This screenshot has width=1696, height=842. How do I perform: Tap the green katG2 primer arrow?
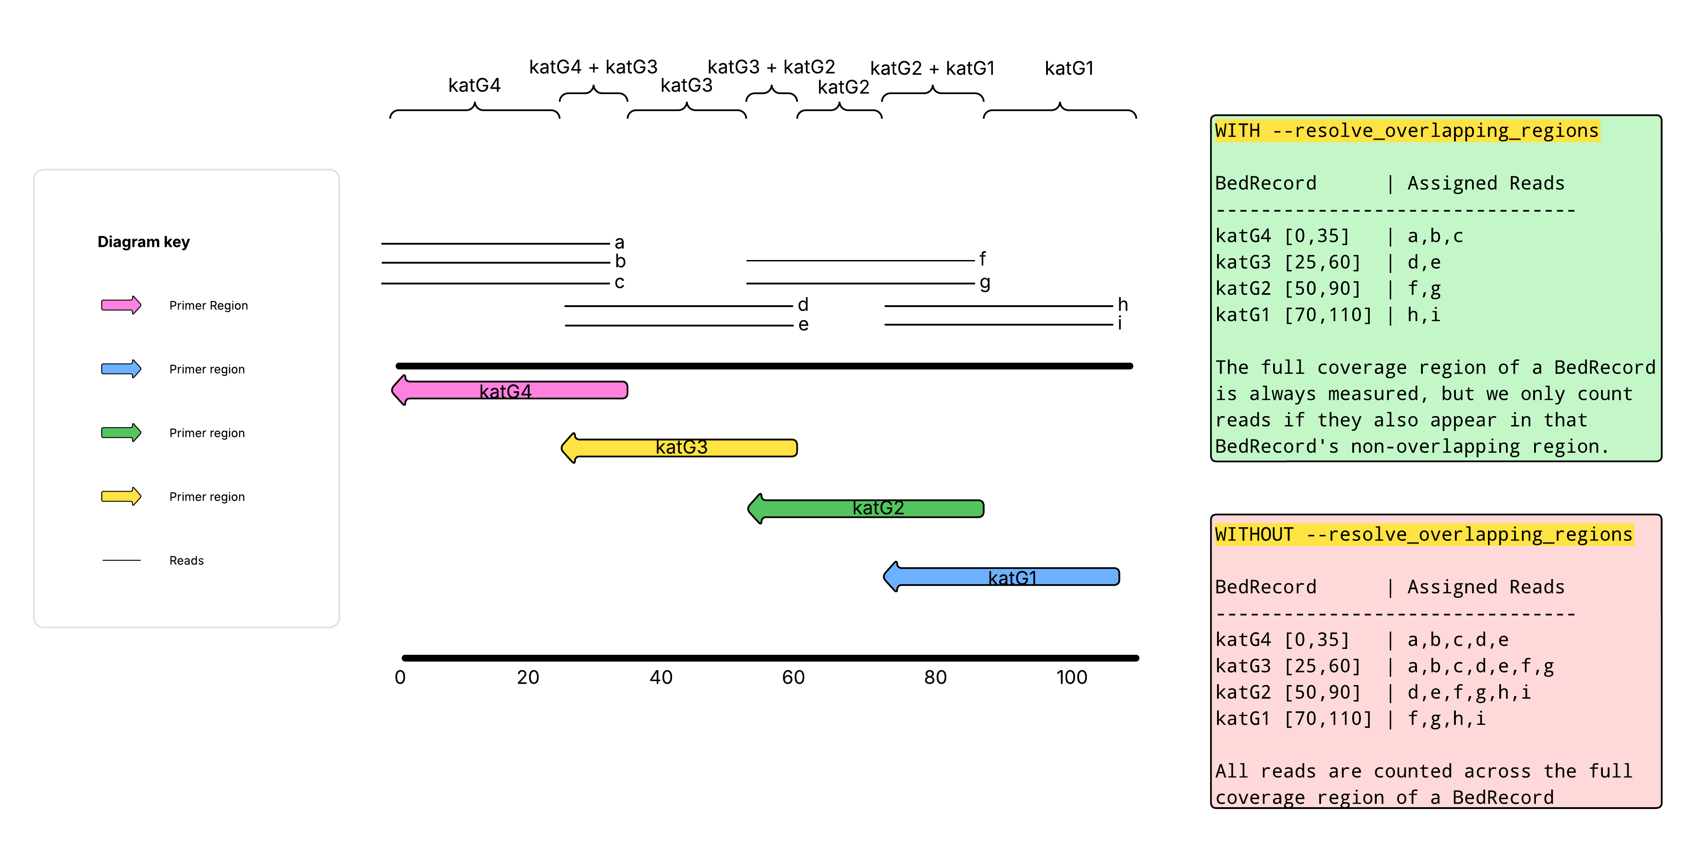866,508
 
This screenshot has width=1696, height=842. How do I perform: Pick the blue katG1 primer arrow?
1001,577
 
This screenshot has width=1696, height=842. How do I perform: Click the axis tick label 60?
793,677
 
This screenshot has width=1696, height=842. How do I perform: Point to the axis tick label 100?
1071,677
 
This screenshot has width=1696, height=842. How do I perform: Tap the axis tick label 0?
400,677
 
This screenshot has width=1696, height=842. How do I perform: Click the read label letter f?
982,259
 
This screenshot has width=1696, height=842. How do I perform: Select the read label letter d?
803,304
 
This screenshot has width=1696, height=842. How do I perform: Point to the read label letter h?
1123,304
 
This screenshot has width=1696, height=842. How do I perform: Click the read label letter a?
619,242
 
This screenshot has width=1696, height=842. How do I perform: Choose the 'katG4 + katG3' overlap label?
592,67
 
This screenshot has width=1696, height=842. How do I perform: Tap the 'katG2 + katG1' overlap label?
932,68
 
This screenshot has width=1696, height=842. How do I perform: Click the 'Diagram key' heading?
143,241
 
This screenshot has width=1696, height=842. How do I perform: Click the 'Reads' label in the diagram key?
186,560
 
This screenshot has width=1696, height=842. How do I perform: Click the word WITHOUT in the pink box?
1254,534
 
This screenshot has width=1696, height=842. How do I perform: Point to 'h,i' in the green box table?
1423,315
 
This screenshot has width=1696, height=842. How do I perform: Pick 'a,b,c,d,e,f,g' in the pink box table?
1480,666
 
